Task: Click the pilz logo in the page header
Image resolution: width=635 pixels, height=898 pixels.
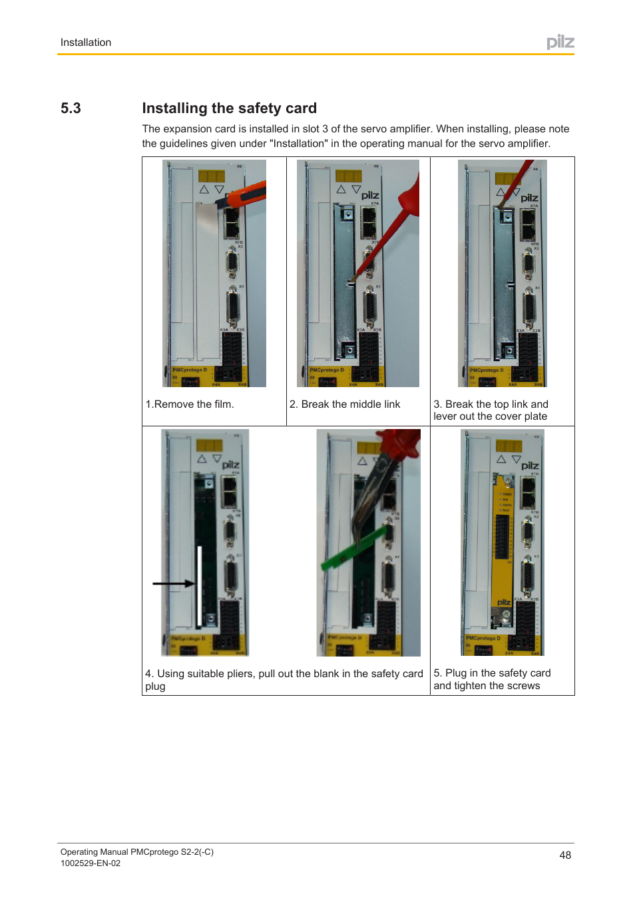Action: pos(560,42)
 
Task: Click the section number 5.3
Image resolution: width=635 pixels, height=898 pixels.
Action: pos(71,108)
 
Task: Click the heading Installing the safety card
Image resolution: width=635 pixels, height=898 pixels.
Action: pos(229,108)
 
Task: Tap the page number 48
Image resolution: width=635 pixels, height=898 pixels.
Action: pos(565,855)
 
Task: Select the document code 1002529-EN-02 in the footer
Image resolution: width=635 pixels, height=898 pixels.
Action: pos(91,863)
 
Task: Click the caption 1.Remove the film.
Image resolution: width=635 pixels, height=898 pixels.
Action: pos(190,404)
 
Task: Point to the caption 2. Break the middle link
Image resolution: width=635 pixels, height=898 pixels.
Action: pos(345,404)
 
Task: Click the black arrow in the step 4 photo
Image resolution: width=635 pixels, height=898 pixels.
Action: pos(173,583)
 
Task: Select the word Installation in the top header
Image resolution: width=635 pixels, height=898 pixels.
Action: pos(86,43)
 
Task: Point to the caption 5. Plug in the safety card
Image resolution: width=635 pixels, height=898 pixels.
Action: pos(492,673)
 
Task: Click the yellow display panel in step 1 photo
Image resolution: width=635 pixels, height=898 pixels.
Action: pos(212,176)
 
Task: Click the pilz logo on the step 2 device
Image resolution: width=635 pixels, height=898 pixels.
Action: pos(370,196)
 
